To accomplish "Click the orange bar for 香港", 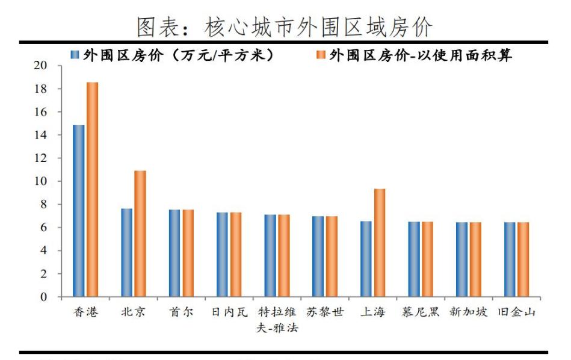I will point(92,190).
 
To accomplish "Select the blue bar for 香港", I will point(78,211).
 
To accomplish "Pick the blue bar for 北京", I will point(126,253).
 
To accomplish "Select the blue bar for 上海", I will point(366,259).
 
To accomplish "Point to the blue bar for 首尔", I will point(174,253).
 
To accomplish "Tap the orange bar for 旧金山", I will point(523,259).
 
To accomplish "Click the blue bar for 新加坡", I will point(461,259).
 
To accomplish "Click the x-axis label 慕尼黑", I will point(420,313).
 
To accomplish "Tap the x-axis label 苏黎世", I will point(325,313).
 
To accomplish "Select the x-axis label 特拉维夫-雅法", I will point(277,320).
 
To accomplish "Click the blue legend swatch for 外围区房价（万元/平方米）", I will point(75,55).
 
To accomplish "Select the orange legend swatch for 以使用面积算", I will point(320,55).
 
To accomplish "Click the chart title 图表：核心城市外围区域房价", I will point(285,25).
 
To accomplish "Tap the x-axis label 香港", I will point(85,313).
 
